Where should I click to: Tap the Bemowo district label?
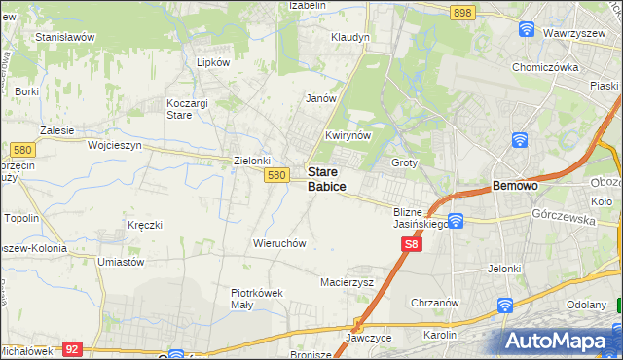coord(515,185)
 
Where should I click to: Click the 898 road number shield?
coord(463,13)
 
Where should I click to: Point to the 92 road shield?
coord(71,347)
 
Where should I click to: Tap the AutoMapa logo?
coord(561,342)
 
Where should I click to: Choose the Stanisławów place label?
coord(64,37)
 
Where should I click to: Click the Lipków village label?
coord(213,61)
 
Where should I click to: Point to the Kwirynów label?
coord(348,136)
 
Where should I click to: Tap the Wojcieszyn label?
coord(115,145)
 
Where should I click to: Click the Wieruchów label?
coord(280,243)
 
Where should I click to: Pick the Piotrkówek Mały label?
coord(255,298)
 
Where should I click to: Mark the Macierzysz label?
coord(348,282)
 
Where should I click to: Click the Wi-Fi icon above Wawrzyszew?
coord(528,29)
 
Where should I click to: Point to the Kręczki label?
coord(144,225)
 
